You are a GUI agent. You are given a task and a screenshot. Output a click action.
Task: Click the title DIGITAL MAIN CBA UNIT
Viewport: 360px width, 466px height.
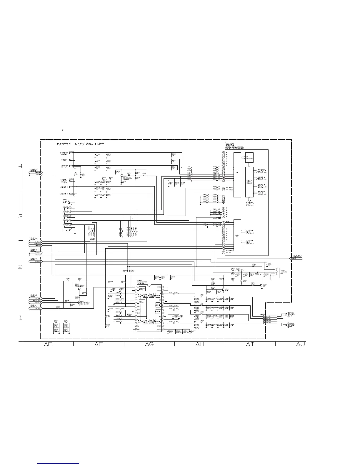[x=80, y=144]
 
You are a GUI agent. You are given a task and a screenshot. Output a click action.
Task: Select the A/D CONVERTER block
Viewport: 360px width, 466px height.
[x=249, y=157]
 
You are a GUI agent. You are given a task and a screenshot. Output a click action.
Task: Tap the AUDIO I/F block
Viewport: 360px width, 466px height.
[x=237, y=235]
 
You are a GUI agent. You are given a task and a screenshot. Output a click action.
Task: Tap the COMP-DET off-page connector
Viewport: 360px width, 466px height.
[x=36, y=173]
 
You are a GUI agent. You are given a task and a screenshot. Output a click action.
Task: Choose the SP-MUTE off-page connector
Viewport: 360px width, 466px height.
[x=36, y=308]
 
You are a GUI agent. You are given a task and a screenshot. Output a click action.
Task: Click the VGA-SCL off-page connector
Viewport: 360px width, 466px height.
[x=36, y=252]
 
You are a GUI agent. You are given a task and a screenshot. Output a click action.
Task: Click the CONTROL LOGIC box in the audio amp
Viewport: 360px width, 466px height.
[x=142, y=289]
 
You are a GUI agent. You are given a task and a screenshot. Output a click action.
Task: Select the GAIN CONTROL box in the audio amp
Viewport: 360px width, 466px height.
[x=142, y=302]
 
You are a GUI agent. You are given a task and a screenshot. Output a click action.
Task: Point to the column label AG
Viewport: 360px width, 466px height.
[x=149, y=344]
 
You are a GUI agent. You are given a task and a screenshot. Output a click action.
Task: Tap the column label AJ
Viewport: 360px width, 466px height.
[x=301, y=344]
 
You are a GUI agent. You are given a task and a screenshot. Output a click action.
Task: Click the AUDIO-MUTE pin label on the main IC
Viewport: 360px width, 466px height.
[x=230, y=250]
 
